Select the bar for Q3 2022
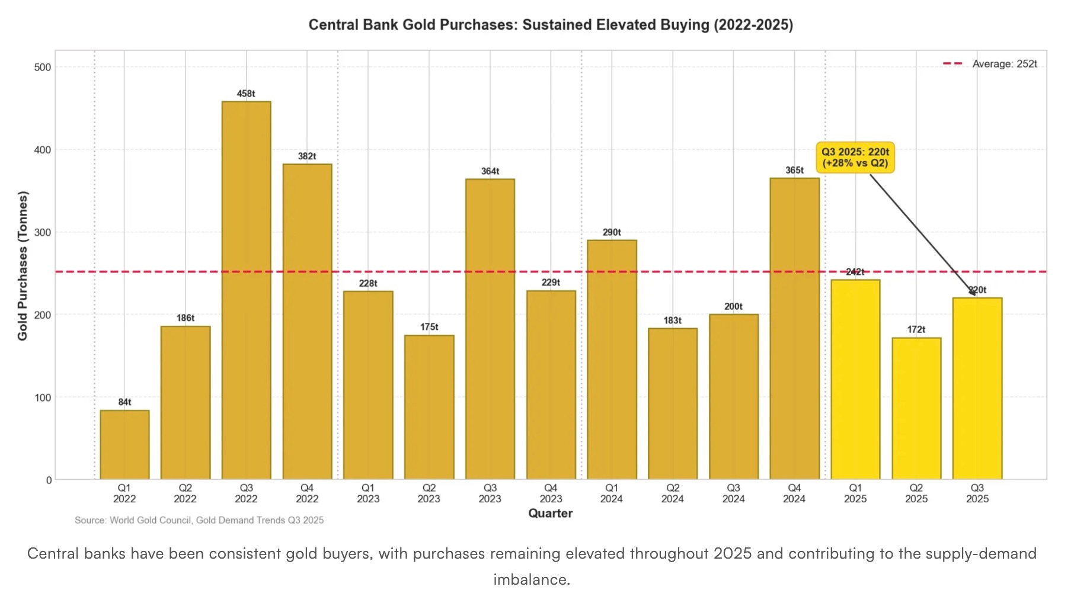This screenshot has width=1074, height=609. [x=246, y=290]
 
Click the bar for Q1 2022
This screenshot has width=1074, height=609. [x=124, y=445]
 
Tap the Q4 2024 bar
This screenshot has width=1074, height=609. [x=794, y=329]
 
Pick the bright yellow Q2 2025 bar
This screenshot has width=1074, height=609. [x=916, y=409]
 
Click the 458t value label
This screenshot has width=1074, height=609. [x=246, y=94]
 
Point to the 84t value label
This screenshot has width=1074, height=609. [x=124, y=402]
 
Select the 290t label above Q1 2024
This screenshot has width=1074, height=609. [x=612, y=232]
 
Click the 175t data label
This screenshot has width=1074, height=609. [x=429, y=327]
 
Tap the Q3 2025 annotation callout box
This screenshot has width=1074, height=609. [x=855, y=158]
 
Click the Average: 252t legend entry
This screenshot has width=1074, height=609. [x=990, y=64]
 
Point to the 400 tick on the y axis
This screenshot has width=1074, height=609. [x=43, y=150]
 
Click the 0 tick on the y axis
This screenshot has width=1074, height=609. [x=49, y=480]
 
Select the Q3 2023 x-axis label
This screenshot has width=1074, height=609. [x=490, y=493]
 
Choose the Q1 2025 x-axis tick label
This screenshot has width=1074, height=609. [x=855, y=493]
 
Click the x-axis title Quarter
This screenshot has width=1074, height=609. [x=551, y=514]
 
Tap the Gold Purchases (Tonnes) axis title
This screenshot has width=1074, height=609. [x=23, y=265]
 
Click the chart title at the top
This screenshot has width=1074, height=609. [x=551, y=25]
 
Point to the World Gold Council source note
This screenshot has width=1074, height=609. [x=199, y=520]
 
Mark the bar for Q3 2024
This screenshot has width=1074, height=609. [x=734, y=397]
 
